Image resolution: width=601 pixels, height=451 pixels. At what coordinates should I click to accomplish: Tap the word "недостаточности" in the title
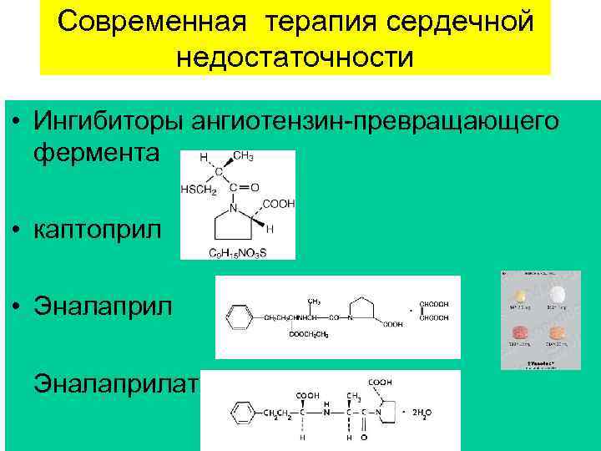click(295, 58)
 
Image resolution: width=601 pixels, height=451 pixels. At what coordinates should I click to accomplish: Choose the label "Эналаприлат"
click(115, 384)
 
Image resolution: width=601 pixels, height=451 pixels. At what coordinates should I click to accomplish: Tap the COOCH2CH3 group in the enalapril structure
click(310, 334)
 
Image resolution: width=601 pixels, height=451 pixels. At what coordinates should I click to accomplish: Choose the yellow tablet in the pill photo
click(521, 296)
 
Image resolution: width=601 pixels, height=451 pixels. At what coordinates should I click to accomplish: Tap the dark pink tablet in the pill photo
click(521, 332)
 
